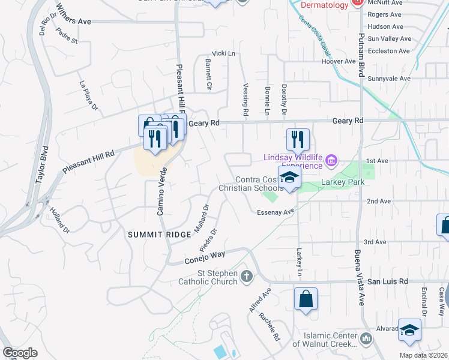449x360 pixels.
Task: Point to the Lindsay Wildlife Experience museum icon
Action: (x=331, y=160)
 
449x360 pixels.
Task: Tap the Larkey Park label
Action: (x=343, y=182)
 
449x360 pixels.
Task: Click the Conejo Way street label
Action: (x=205, y=257)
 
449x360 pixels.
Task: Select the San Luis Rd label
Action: (x=388, y=281)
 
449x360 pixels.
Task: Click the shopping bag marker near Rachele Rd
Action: (x=306, y=298)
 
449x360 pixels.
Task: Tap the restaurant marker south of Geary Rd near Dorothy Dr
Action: (x=298, y=140)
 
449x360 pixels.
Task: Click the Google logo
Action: (x=20, y=353)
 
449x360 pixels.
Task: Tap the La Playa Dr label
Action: (x=88, y=97)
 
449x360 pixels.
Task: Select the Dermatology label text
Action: (x=324, y=5)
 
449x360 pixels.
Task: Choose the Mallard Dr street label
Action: (x=201, y=220)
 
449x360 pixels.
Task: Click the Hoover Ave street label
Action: (x=339, y=61)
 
